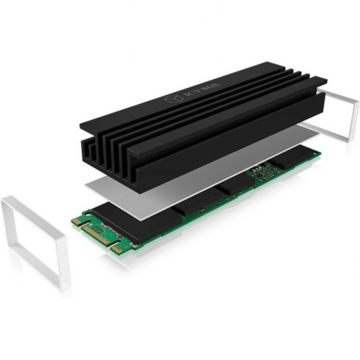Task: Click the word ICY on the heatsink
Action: pos(191,94)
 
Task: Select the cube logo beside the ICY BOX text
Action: pos(174,100)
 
